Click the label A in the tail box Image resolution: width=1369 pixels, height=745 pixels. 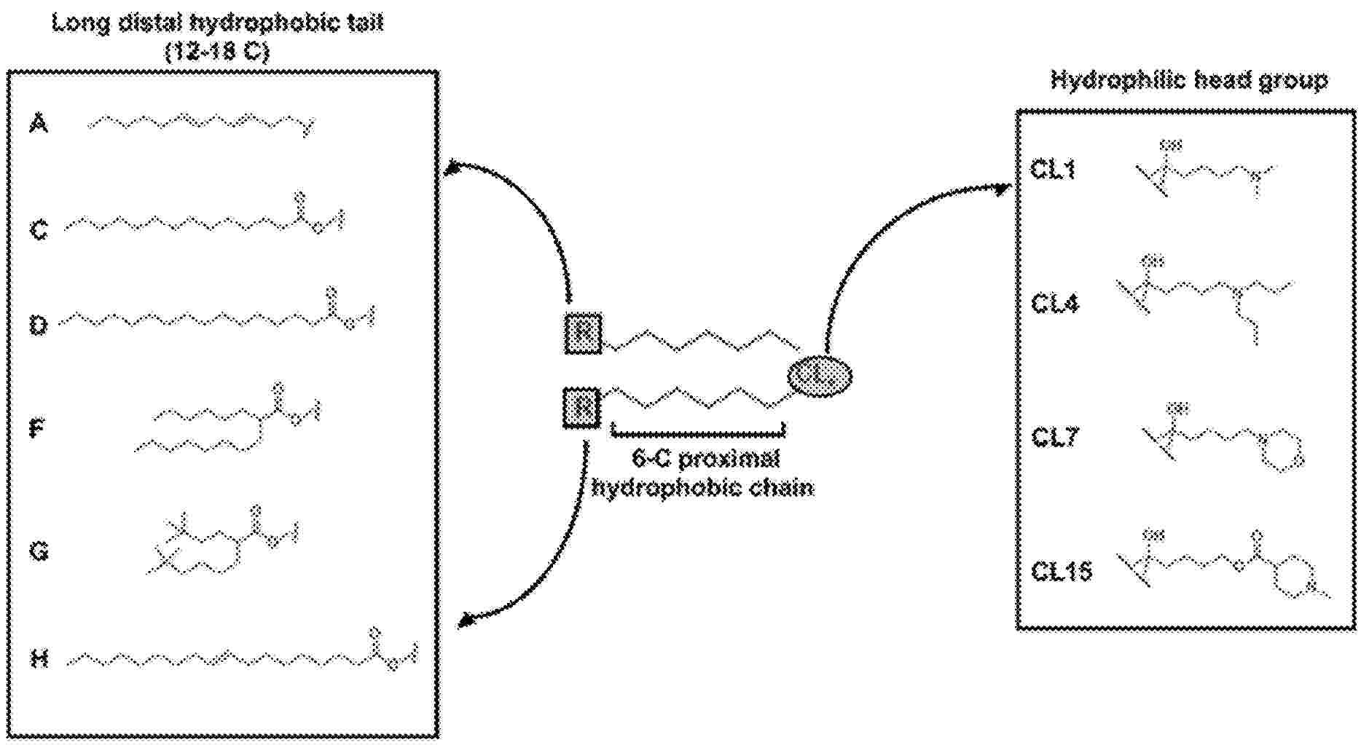[39, 124]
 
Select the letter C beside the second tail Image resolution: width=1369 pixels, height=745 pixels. [39, 231]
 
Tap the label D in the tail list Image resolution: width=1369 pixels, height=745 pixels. [39, 324]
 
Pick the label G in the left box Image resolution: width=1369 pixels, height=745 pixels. [39, 551]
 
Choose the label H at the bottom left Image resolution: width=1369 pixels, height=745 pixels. [39, 659]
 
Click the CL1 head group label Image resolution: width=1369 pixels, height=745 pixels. [1053, 170]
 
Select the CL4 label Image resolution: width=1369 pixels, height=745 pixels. [1054, 303]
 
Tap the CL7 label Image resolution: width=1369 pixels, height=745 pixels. [1054, 437]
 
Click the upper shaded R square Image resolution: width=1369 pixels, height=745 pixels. [584, 334]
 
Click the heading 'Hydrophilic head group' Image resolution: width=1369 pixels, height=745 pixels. [1188, 79]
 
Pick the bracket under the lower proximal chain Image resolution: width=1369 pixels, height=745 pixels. [698, 433]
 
